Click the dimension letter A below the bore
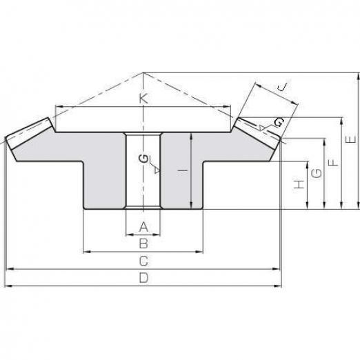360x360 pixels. coord(144,227)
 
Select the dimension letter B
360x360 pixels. coord(143,243)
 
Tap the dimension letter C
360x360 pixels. coord(143,261)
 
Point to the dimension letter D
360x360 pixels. coord(144,278)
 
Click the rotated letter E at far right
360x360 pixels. coord(351,139)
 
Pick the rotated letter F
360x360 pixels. coord(333,163)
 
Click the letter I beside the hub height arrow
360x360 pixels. coord(183,170)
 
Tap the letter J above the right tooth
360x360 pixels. coord(282,87)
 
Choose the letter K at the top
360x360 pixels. coord(143,99)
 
